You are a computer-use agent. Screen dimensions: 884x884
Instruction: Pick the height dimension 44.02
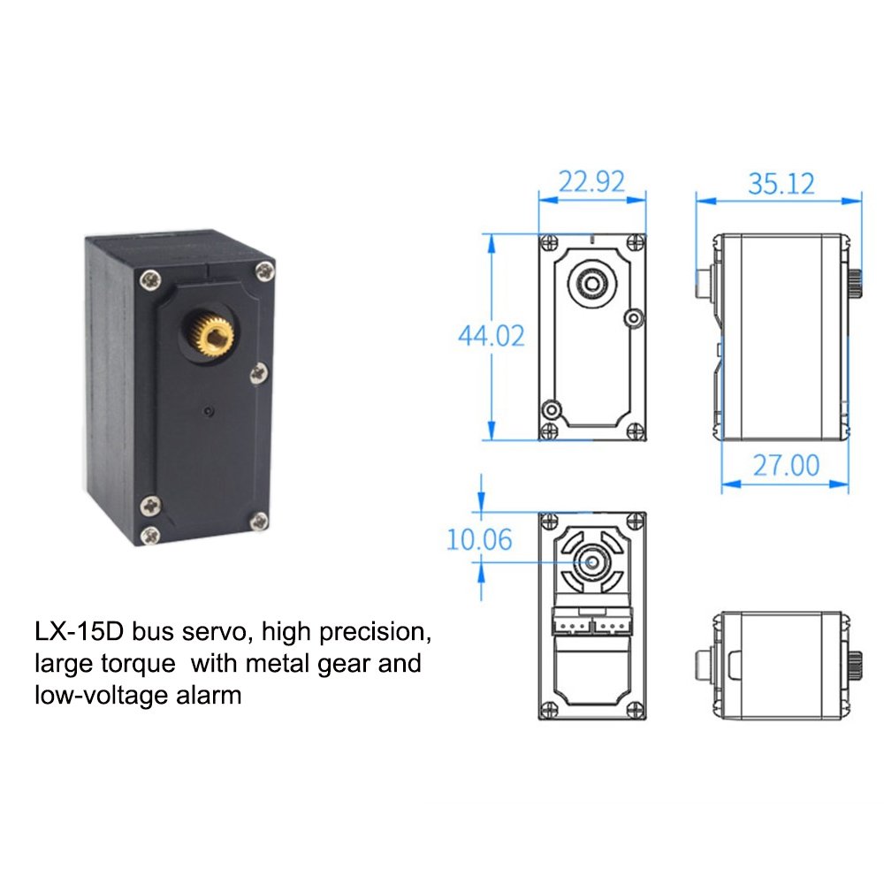491,336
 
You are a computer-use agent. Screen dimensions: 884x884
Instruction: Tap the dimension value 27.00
785,465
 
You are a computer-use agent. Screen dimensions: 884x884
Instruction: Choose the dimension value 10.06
478,539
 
